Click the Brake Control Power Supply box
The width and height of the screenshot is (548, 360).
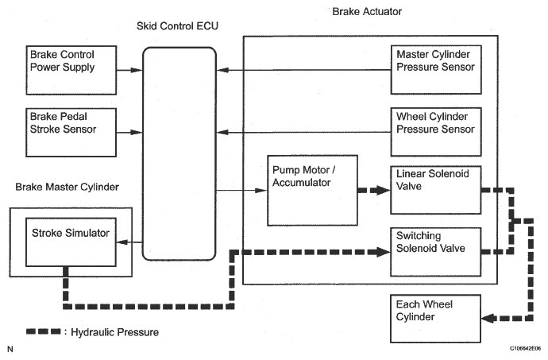71,68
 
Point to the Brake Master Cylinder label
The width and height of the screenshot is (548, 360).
67,188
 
